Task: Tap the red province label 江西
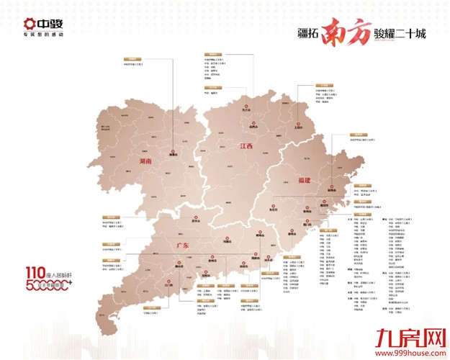[x=246, y=146]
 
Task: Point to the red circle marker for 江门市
[x=168, y=282]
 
